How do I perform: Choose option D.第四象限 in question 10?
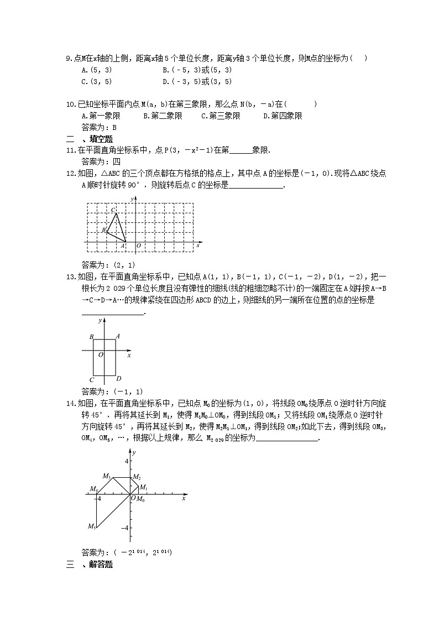click(x=283, y=116)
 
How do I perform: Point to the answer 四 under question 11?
click(x=117, y=161)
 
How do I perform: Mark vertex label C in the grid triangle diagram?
click(x=113, y=210)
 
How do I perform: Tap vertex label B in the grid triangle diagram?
click(x=103, y=229)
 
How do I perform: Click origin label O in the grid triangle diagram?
click(x=138, y=246)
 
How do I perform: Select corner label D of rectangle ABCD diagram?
click(x=119, y=379)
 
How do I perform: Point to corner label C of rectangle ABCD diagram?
click(x=92, y=380)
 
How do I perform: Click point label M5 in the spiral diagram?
click(x=92, y=526)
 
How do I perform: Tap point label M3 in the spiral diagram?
click(x=107, y=476)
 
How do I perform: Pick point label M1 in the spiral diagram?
click(x=143, y=487)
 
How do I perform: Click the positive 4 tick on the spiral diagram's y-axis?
click(x=126, y=461)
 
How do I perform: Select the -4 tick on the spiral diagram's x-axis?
click(x=98, y=499)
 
